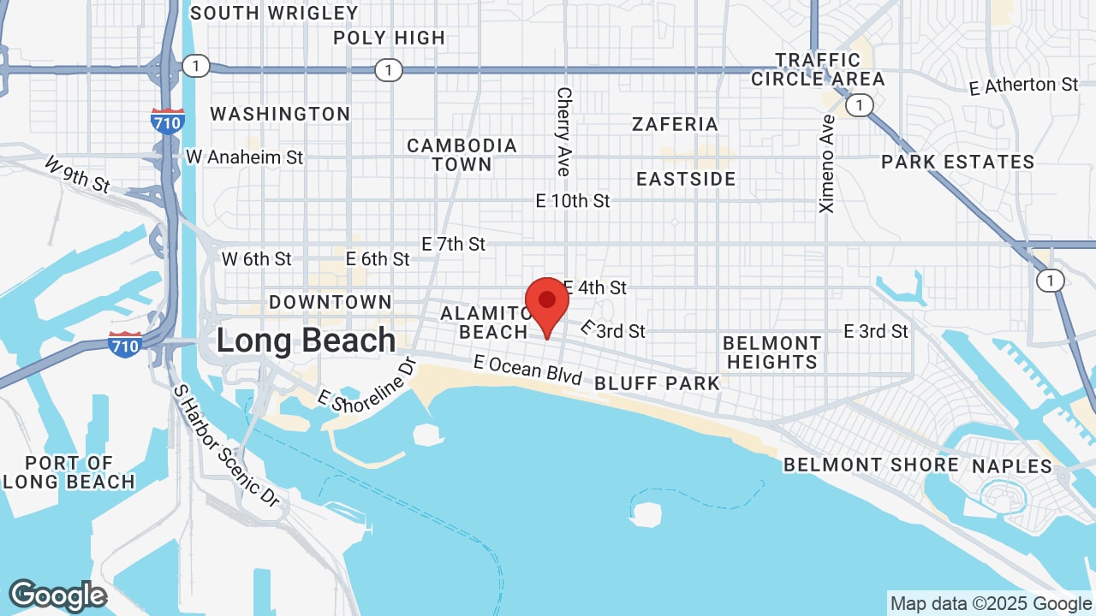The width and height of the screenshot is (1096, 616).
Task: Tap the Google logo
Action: coord(57,595)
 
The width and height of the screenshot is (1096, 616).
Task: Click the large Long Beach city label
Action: coord(306,341)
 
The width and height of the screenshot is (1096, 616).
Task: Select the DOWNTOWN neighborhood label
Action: coord(330,302)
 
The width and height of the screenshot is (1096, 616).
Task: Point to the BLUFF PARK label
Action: coord(657,383)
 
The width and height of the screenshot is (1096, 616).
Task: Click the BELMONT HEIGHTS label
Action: coord(771,352)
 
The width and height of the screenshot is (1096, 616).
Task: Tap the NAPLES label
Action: coord(1011,466)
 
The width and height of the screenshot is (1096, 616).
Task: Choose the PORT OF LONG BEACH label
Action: coord(68,472)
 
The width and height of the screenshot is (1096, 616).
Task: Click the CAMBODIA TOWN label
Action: coord(462,155)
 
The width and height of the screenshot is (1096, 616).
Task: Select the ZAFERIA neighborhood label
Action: coord(675,124)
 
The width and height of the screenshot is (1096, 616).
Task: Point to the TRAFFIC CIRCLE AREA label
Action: coord(818,69)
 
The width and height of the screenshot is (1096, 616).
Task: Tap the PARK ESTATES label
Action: coord(957,162)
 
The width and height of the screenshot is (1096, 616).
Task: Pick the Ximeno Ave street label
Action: coord(827,163)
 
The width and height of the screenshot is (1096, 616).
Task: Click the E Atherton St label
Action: coord(1023,86)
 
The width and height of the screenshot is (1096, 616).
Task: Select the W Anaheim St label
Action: coord(244,157)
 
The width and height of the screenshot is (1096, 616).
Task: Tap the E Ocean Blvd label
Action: coord(527,370)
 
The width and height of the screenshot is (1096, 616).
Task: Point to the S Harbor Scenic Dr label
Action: coord(226,445)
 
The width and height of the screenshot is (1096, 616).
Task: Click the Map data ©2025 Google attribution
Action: coord(990,604)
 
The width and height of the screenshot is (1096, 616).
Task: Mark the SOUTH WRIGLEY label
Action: coord(274,13)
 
